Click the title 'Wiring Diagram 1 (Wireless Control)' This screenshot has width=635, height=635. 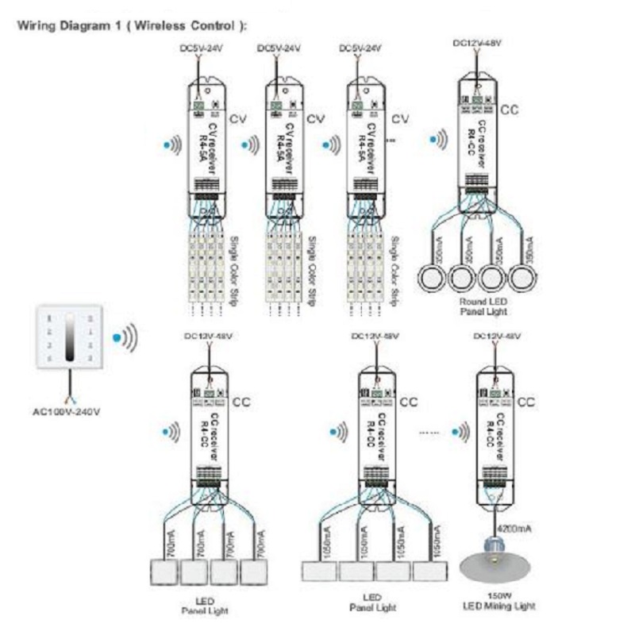[x=132, y=25]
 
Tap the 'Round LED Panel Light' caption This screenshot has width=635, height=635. [x=482, y=307]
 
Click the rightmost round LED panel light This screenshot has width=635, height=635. [x=521, y=279]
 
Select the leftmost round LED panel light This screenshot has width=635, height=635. [x=429, y=279]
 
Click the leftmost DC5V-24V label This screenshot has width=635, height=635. [x=197, y=49]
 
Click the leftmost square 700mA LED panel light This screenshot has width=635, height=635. [x=165, y=571]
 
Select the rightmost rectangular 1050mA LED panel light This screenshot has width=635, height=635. [x=432, y=571]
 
